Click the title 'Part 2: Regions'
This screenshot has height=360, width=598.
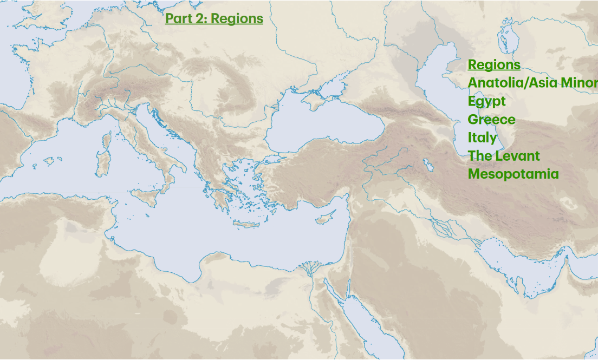(214, 18)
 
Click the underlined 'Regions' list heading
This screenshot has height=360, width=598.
(494, 65)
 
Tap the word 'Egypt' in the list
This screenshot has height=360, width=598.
(486, 101)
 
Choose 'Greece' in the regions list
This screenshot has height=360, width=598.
(491, 120)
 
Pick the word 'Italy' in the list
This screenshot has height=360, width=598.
(482, 138)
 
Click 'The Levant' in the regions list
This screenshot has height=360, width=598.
(504, 156)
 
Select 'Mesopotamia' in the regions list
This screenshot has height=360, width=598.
(513, 174)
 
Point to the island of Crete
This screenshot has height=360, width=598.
(246, 225)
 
